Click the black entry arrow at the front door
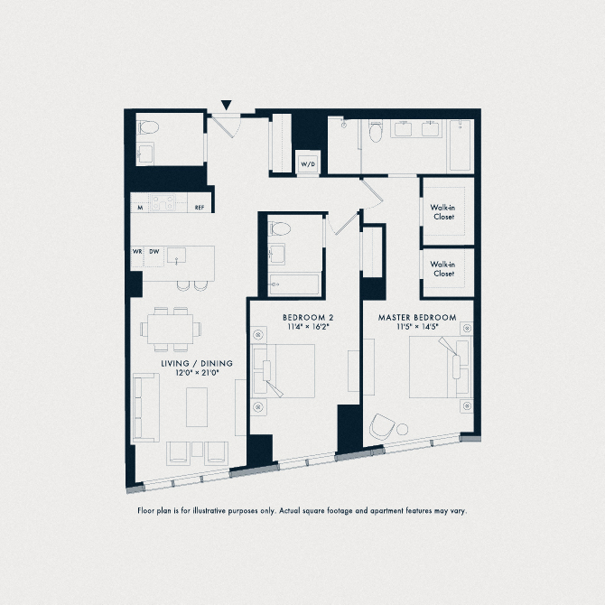coord(227,105)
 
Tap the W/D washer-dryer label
coord(308,164)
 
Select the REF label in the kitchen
coord(200,208)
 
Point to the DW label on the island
coord(154,252)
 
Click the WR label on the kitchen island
coord(138,252)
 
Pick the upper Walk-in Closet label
coord(443,212)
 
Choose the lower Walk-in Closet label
coord(443,268)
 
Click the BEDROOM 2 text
coord(308,318)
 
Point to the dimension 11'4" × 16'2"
coord(308,328)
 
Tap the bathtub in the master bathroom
coord(461,146)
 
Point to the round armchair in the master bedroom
coord(383,425)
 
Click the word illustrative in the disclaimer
coord(231,511)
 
